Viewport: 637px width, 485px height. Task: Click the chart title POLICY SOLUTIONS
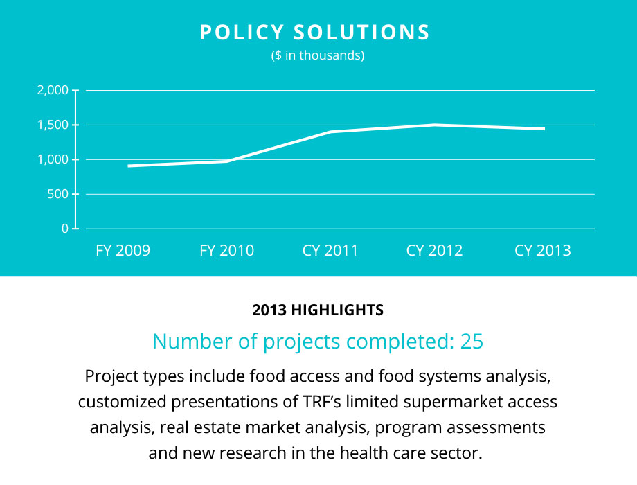(x=315, y=33)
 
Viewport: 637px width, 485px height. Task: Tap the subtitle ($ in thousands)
(x=318, y=56)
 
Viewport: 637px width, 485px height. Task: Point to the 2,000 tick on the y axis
(x=52, y=90)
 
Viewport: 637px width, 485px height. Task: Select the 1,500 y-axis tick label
(x=53, y=125)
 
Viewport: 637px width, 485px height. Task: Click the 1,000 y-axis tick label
(x=53, y=159)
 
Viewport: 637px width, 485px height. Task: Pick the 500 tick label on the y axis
(x=58, y=194)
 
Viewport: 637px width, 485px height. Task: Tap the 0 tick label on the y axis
(x=64, y=228)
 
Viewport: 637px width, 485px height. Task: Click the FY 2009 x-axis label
(x=123, y=251)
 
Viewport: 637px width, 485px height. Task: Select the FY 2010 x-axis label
(x=226, y=251)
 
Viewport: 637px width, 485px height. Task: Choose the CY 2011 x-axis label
(x=330, y=251)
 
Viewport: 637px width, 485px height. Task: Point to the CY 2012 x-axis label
(x=434, y=251)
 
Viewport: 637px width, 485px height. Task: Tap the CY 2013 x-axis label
(x=543, y=251)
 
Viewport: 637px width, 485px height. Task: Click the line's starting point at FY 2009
(x=129, y=166)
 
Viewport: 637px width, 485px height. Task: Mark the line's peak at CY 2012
(x=435, y=125)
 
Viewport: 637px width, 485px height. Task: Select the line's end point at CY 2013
(x=544, y=129)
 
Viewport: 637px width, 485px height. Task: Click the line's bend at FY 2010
(x=227, y=161)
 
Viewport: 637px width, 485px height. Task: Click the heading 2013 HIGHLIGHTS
(x=318, y=310)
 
